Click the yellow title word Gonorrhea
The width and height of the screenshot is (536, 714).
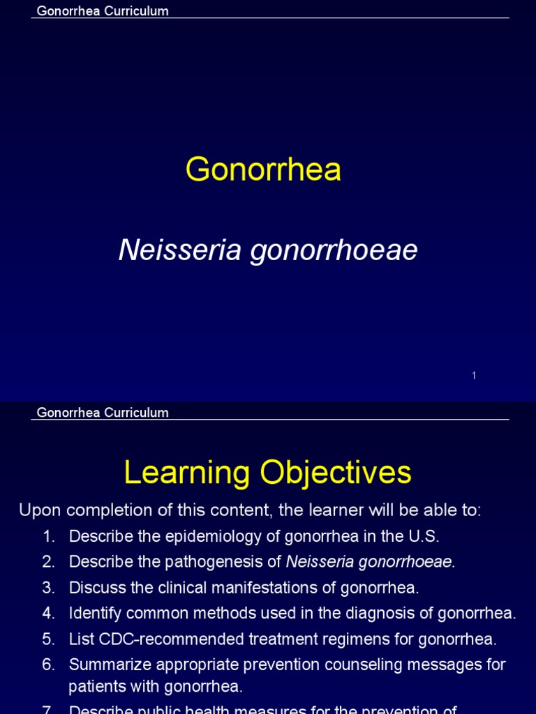point(264,170)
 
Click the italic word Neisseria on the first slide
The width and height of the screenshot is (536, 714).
point(179,250)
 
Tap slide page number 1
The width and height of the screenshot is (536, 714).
point(474,376)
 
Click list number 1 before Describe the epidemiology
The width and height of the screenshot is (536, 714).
point(48,536)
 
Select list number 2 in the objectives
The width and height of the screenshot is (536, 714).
point(48,562)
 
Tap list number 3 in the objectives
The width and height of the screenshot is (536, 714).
point(48,588)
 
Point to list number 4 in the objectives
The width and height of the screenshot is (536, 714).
point(48,614)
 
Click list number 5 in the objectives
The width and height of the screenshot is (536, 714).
point(48,639)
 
